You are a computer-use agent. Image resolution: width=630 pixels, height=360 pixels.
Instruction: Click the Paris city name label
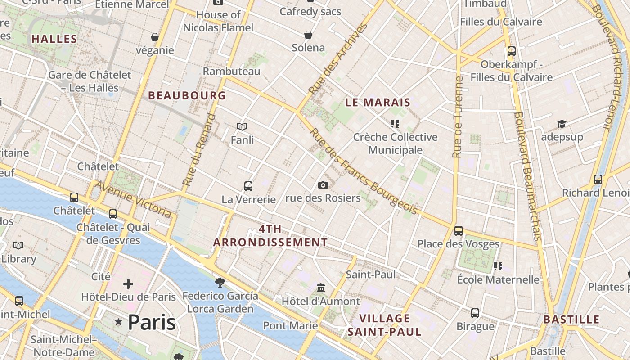(152, 322)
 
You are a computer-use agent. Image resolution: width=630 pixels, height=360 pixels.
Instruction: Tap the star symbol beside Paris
(119, 322)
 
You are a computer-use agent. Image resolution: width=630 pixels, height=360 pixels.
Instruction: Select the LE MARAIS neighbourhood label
(378, 103)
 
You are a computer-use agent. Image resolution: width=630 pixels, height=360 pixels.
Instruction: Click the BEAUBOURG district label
(187, 95)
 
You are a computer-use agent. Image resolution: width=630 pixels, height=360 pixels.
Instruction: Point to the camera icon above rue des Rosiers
(323, 185)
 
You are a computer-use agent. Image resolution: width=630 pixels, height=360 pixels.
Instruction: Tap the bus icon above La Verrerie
(248, 186)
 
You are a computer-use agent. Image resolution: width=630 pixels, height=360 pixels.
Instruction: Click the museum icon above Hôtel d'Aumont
(321, 288)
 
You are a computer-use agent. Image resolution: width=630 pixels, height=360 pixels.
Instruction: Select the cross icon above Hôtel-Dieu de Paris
(128, 283)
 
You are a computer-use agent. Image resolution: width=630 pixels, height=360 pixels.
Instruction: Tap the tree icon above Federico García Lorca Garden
(220, 282)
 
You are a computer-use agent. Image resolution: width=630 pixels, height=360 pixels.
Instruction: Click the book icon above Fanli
(242, 127)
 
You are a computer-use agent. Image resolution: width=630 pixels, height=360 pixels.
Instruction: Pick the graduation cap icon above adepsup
(562, 124)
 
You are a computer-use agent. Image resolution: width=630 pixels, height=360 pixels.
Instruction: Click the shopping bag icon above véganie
(155, 36)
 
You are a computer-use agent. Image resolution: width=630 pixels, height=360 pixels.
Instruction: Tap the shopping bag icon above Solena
(308, 35)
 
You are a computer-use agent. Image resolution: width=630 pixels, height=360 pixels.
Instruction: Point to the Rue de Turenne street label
(458, 117)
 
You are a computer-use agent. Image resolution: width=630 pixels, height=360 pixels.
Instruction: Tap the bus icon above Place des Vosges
(458, 230)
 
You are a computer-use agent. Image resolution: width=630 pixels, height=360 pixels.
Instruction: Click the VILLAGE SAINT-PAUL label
(384, 325)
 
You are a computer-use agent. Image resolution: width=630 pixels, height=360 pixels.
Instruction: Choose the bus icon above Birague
(475, 313)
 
